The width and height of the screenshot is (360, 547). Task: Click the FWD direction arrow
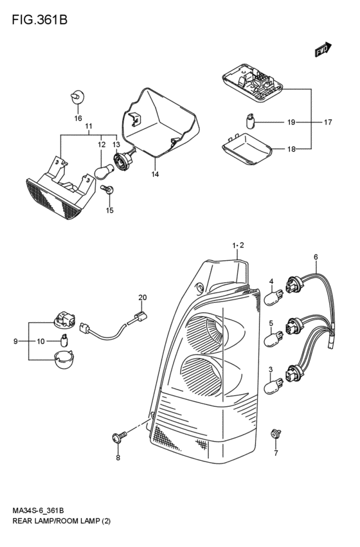coord(323,49)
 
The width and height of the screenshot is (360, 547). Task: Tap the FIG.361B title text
coord(39,20)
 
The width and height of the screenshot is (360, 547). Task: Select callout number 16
coord(78,118)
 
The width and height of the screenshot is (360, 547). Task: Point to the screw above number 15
coord(107,189)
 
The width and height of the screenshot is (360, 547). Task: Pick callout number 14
coord(155,174)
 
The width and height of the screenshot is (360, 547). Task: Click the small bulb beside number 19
coord(251,121)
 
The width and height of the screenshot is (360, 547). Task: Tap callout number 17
coord(328,122)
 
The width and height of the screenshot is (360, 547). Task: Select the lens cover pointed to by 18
coord(246,149)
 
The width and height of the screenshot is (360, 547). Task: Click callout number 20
coord(142,298)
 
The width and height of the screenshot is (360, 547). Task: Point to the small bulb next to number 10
coord(64,340)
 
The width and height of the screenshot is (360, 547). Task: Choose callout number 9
coord(15,341)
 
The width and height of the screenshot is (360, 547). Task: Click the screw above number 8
coord(119,436)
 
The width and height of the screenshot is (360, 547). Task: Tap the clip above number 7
coord(276,434)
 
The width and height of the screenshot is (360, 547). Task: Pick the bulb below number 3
coord(274,386)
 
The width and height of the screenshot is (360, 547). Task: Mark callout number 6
coord(316,257)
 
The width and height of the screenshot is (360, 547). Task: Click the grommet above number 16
coord(78,96)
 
